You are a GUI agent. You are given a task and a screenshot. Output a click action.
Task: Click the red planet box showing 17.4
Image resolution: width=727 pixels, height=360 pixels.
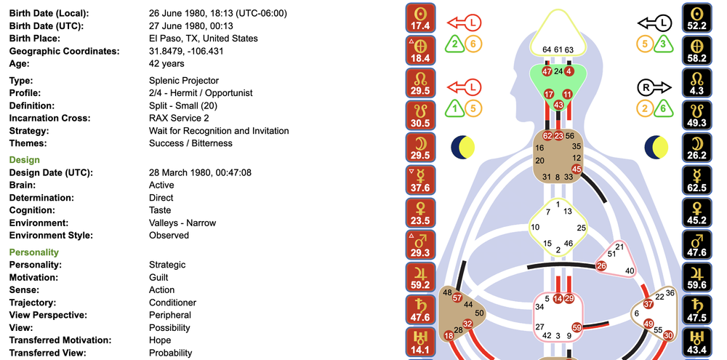[x=421, y=19]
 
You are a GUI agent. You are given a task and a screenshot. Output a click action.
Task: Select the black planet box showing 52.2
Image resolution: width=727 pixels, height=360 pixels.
[x=697, y=19]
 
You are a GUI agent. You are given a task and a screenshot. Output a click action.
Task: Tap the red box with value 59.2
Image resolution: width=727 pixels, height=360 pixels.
[x=421, y=278]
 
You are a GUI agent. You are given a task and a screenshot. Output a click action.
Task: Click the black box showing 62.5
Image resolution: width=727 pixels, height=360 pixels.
[x=697, y=180]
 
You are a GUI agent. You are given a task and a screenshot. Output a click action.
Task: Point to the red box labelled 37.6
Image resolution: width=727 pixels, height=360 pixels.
[x=421, y=180]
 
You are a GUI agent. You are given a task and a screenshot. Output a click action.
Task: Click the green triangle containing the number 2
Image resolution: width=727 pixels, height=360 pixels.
[x=454, y=44]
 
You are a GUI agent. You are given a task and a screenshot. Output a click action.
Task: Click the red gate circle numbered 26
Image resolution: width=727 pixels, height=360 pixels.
[x=601, y=266]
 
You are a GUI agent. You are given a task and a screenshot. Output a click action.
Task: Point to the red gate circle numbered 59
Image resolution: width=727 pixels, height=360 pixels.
[x=577, y=328]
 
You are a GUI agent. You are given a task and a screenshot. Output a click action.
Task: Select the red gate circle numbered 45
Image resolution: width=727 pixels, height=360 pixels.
[x=577, y=169]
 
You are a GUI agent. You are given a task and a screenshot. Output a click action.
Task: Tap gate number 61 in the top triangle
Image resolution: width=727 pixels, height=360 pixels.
[x=558, y=49]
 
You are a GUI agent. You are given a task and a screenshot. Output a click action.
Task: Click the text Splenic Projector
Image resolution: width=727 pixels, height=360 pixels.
[x=183, y=81]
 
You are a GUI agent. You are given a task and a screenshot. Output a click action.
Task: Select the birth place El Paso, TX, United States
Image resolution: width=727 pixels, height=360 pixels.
[x=203, y=39]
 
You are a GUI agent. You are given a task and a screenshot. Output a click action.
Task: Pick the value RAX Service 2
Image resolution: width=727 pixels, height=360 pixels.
[x=179, y=118]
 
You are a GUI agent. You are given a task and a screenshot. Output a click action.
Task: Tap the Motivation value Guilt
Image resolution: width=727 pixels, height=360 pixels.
[x=158, y=277]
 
